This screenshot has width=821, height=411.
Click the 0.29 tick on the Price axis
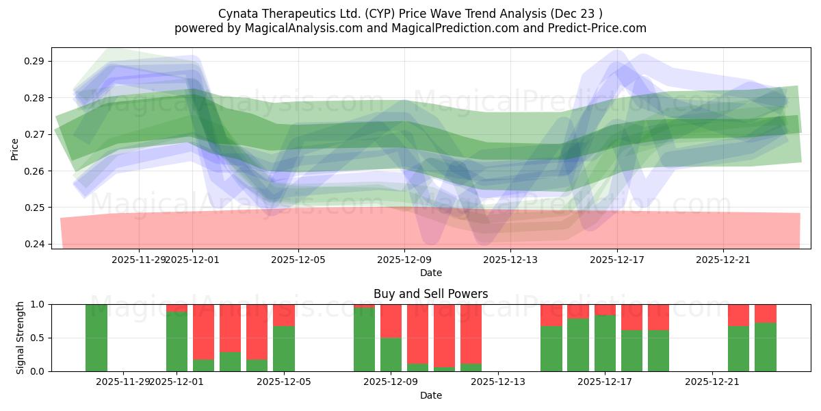pyautogui.click(x=35, y=61)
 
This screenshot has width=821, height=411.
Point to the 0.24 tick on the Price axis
pyautogui.click(x=35, y=244)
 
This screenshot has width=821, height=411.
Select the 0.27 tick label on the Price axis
pyautogui.click(x=35, y=134)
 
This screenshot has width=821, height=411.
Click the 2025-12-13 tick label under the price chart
pyautogui.click(x=510, y=260)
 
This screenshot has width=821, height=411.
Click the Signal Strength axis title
pyautogui.click(x=21, y=338)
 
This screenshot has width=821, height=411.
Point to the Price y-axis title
pyautogui.click(x=15, y=148)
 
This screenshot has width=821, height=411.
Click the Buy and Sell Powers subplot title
pyautogui.click(x=430, y=294)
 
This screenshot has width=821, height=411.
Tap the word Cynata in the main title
pyautogui.click(x=238, y=14)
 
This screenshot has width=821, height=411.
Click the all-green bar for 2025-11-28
pyautogui.click(x=96, y=338)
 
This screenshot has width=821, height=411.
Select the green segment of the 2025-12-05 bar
pyautogui.click(x=284, y=348)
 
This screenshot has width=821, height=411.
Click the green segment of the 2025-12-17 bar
pyautogui.click(x=605, y=342)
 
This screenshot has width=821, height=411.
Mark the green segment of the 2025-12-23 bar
pyautogui.click(x=766, y=347)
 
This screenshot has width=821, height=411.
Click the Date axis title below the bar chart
pyautogui.click(x=430, y=395)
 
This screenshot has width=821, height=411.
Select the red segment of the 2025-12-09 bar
pyautogui.click(x=391, y=321)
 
